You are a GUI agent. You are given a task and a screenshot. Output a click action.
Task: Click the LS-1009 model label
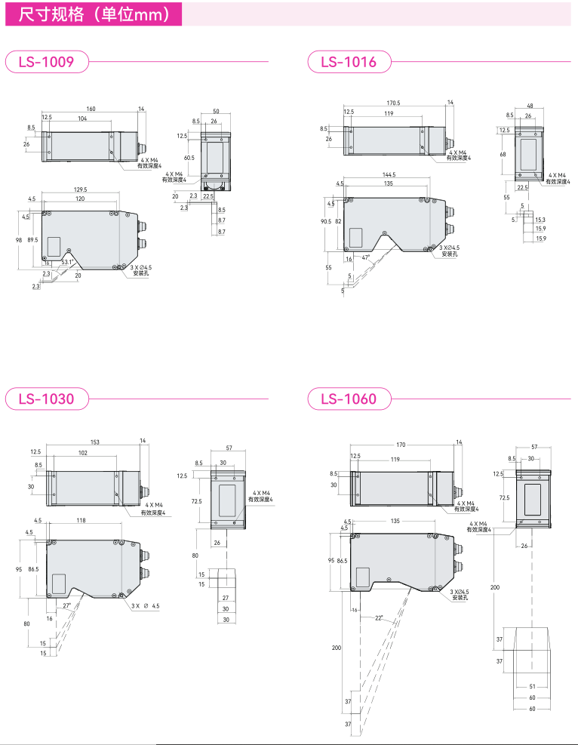[47, 62]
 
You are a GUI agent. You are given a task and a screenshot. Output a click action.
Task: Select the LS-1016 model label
[349, 62]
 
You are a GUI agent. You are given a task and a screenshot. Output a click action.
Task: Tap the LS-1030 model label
[47, 399]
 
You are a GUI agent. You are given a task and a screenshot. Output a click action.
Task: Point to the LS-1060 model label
[349, 399]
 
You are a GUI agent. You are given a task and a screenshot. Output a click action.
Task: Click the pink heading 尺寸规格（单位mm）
[94, 14]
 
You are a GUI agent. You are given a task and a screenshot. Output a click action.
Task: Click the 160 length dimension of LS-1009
[91, 109]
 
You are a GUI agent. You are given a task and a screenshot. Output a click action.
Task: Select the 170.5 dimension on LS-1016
[393, 103]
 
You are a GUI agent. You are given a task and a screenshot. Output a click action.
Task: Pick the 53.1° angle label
[67, 262]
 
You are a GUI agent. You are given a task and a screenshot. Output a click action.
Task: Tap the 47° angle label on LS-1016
[365, 257]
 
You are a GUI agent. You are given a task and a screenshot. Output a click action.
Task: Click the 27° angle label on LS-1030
[66, 606]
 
